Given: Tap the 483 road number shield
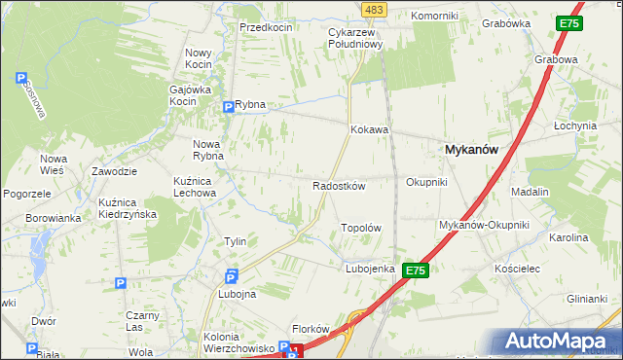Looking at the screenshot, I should click(x=373, y=9).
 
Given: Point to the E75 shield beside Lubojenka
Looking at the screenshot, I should click(x=416, y=270).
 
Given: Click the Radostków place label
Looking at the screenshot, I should click(x=338, y=186).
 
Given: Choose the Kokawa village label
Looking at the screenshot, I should click(x=370, y=128).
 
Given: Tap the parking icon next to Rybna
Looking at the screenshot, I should click(x=228, y=106).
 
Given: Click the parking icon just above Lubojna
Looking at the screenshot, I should click(x=232, y=275).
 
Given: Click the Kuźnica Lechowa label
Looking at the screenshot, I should click(x=195, y=187).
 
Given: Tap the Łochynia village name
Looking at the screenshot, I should click(x=574, y=126).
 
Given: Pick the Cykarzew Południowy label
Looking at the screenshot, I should click(x=352, y=37).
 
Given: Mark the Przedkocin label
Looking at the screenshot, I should click(x=267, y=27).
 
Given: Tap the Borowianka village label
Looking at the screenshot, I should click(x=53, y=218).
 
